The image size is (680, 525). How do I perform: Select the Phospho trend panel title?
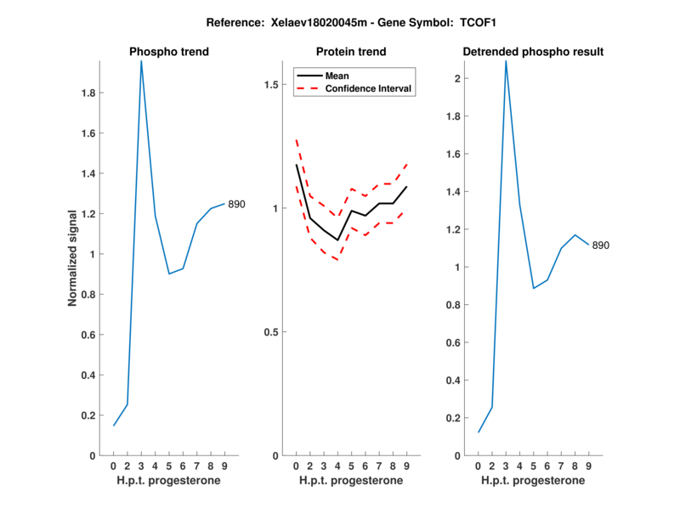[x=168, y=52]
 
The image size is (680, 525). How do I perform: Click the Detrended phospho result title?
[x=533, y=52]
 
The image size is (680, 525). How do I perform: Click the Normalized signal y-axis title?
[x=74, y=258]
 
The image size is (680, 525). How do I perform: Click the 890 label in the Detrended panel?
[x=601, y=246]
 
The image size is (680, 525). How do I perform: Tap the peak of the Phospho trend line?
[x=141, y=61]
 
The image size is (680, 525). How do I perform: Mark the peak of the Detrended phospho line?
[x=506, y=61]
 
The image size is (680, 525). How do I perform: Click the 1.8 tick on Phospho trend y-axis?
[x=88, y=93]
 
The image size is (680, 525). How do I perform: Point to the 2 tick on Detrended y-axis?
[x=457, y=78]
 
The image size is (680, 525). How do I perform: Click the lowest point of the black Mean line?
[x=337, y=240]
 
